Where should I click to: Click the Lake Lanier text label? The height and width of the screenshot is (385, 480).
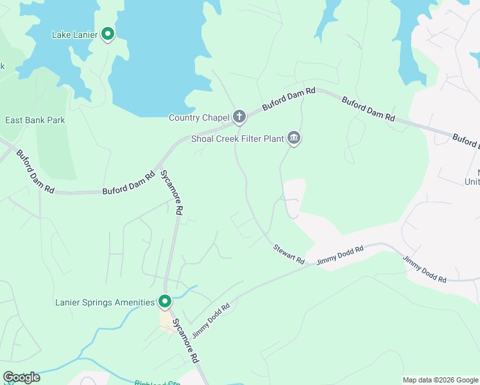click(74, 35)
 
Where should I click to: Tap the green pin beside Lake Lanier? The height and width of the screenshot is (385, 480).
click(108, 34)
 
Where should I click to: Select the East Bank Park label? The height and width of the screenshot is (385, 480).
click(35, 120)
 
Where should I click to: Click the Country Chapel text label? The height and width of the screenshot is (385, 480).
click(198, 117)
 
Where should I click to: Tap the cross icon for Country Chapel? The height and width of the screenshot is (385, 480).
click(239, 117)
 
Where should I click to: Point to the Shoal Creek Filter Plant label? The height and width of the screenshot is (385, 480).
click(237, 139)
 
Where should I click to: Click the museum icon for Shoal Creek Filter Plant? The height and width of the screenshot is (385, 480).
click(294, 138)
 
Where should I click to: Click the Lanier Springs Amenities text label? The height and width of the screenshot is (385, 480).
click(105, 302)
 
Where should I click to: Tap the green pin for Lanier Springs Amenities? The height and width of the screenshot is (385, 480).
click(165, 301)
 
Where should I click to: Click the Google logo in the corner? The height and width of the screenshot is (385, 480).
click(21, 377)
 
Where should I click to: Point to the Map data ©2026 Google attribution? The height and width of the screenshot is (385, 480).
click(440, 380)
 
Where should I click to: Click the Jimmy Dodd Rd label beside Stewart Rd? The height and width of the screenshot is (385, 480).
click(340, 255)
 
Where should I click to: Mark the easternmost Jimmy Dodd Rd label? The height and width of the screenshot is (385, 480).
click(424, 269)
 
